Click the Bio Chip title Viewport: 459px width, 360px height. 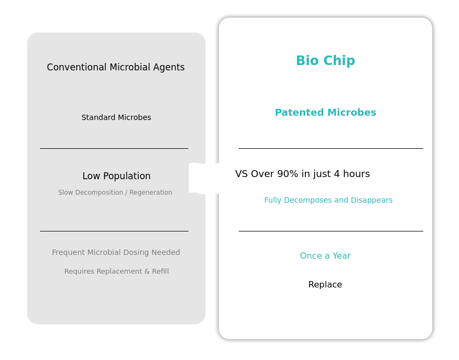(326, 61)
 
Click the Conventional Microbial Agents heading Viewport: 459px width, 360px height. (116, 67)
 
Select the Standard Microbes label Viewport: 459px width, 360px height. (116, 117)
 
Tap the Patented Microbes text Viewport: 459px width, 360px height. (326, 113)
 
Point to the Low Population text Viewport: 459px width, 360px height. (116, 176)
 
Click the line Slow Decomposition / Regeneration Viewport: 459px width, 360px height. (115, 193)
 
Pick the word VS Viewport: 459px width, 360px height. (242, 174)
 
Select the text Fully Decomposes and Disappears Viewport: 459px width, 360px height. (328, 201)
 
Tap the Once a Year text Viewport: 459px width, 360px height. (325, 256)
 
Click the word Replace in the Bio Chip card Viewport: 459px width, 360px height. (325, 285)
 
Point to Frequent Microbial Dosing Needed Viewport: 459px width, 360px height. (116, 252)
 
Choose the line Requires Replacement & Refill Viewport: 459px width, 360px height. (116, 271)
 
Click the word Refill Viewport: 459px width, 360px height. (161, 271)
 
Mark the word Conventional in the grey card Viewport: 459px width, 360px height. (77, 67)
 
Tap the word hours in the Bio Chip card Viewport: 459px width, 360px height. (357, 174)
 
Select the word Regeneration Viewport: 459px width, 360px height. (151, 193)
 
